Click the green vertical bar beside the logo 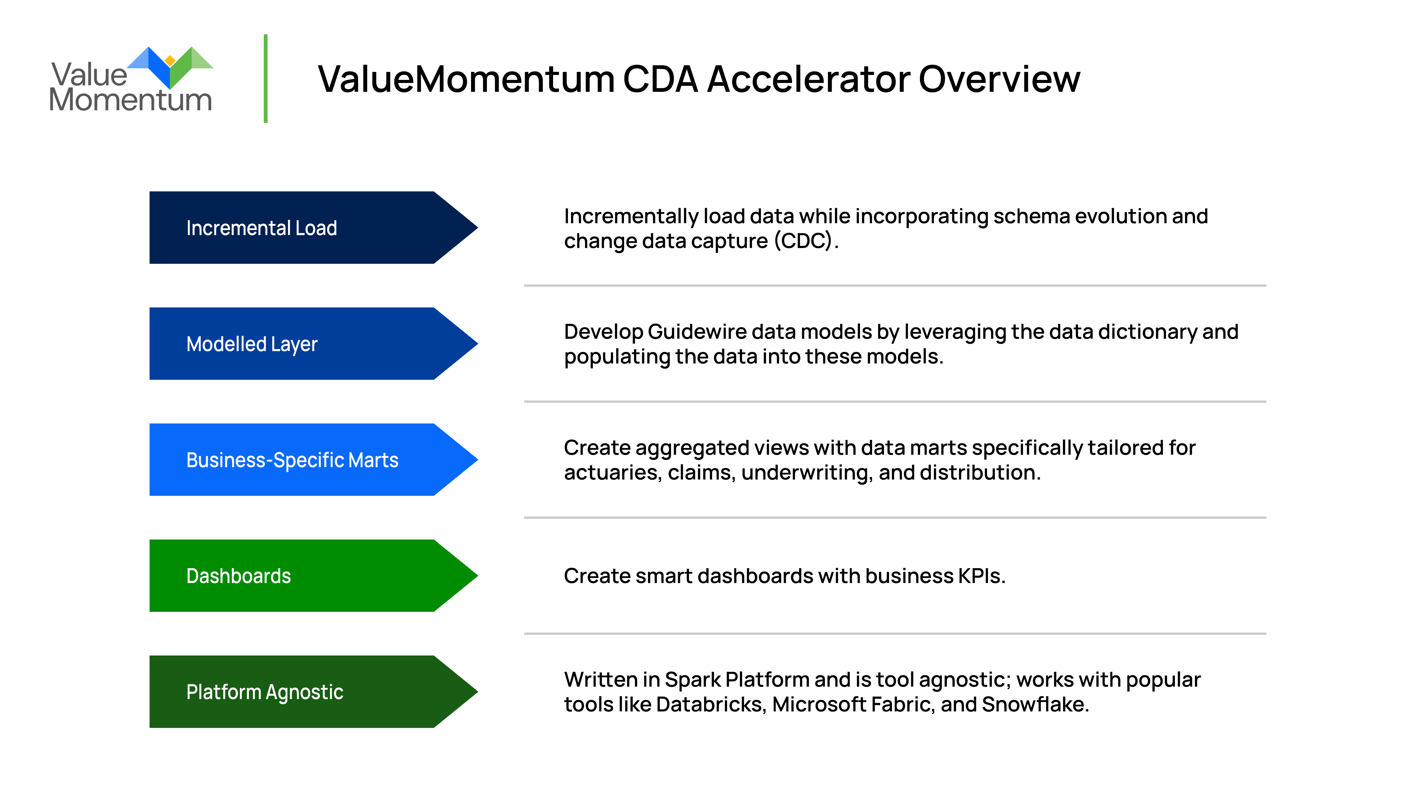(265, 79)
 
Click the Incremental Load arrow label (262, 228)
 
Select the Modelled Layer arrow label (252, 344)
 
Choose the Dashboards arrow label (239, 576)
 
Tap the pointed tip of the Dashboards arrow (478, 576)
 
